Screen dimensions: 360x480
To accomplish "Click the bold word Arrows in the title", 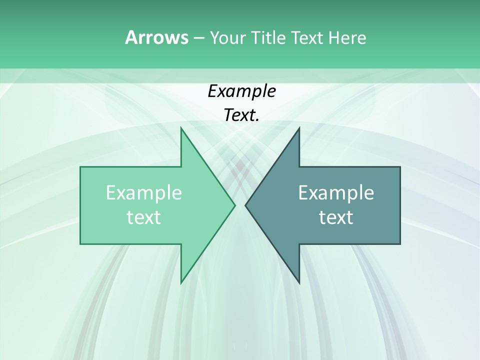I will [156, 37].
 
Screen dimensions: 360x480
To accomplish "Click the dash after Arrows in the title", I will [198, 38].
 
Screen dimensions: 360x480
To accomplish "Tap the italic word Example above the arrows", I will [241, 91].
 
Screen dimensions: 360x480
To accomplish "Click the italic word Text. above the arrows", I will [241, 115].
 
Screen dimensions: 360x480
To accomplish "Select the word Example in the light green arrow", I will [144, 192].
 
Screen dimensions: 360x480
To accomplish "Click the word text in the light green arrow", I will [144, 217].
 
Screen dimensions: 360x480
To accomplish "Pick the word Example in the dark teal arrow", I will [336, 192].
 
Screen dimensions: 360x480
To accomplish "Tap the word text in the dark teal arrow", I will [336, 217].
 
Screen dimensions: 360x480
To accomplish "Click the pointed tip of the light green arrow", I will [234, 205].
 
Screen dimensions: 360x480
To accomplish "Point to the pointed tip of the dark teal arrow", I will [246, 205].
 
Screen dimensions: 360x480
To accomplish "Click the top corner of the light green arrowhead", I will [181, 128].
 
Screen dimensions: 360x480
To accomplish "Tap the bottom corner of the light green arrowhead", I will [181, 282].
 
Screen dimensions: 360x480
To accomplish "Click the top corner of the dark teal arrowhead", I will [299, 128].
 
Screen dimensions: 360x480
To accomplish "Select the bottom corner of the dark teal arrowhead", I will [299, 282].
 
